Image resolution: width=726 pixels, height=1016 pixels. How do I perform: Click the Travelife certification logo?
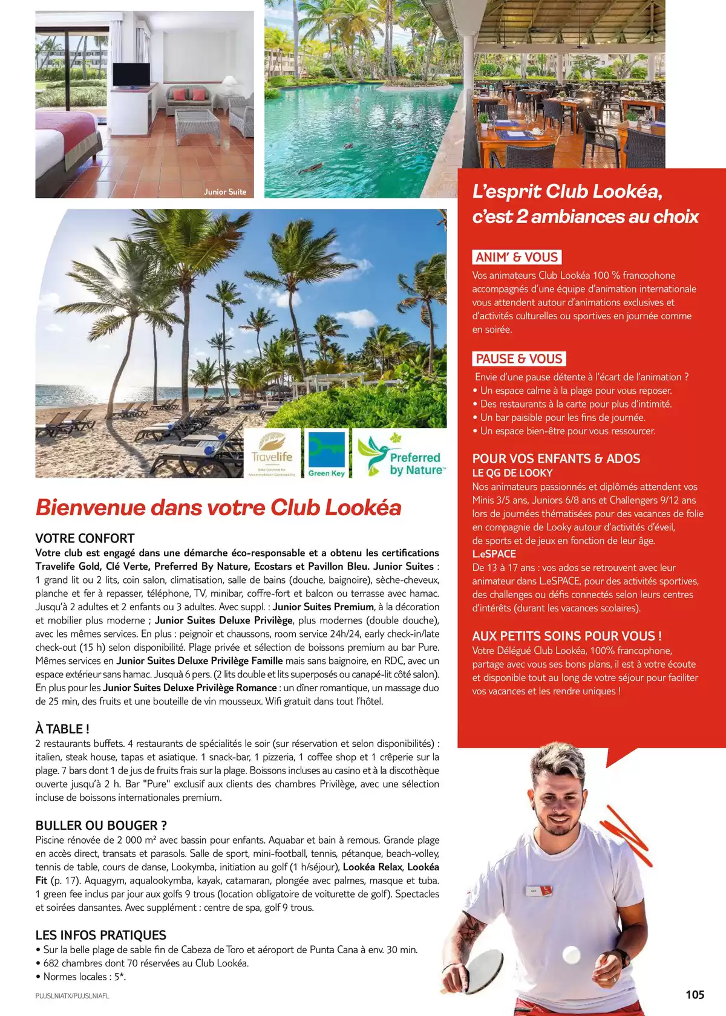[x=272, y=454]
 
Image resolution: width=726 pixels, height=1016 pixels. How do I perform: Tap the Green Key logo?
[x=326, y=454]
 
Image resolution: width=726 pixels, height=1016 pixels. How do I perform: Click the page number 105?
[x=695, y=995]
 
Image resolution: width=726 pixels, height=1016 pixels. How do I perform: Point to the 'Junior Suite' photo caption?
[x=224, y=192]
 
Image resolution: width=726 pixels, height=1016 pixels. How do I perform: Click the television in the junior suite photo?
[x=131, y=75]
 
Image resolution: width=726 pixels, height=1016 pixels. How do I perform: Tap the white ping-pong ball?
[x=571, y=955]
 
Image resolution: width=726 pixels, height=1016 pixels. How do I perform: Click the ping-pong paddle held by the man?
[x=479, y=965]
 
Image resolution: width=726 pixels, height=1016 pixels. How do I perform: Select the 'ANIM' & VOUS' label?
[x=517, y=257]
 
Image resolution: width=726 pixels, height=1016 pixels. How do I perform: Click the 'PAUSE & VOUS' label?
[x=519, y=359]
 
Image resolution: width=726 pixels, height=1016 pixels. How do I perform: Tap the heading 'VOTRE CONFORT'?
[x=85, y=538]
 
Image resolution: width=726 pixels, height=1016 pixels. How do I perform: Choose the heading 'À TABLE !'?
[x=62, y=729]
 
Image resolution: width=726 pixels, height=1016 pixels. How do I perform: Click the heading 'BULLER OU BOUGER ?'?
[x=101, y=825]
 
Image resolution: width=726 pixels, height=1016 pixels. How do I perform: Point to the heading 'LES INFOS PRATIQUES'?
[x=100, y=935]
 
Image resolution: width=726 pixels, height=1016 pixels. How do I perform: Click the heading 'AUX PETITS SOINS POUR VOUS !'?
[x=567, y=636]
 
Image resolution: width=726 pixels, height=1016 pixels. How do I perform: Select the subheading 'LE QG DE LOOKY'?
[x=512, y=473]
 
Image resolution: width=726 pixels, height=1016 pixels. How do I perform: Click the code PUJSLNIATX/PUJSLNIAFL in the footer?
[x=72, y=995]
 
